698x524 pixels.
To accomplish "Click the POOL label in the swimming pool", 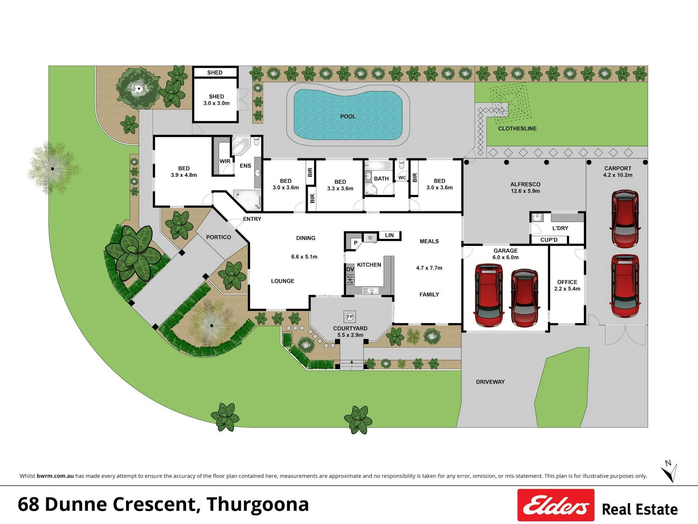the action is [x=348, y=116].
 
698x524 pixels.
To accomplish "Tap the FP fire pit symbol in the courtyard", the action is [x=350, y=316].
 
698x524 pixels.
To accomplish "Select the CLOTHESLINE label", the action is [x=517, y=128].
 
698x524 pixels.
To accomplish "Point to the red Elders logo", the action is [x=556, y=505].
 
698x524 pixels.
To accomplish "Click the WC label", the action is [x=402, y=178].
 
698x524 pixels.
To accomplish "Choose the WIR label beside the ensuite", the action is [x=225, y=161].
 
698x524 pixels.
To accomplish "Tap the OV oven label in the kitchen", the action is [x=350, y=269].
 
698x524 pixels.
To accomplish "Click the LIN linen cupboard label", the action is [x=389, y=235].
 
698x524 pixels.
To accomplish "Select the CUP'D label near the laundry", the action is [x=549, y=240].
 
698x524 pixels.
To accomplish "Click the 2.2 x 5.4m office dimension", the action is [x=567, y=289].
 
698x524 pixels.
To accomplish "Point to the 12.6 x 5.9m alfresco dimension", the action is [x=525, y=191].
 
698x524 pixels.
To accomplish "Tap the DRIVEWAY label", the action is [x=490, y=382].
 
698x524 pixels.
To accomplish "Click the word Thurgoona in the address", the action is [x=258, y=504].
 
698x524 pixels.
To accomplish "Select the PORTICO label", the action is [x=218, y=237].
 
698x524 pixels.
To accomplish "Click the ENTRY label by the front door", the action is [x=252, y=219].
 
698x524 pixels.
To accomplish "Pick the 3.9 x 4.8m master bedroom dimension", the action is [x=184, y=175].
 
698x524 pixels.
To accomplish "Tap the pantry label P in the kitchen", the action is [x=356, y=243].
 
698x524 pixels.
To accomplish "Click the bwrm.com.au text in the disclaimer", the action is [x=55, y=476].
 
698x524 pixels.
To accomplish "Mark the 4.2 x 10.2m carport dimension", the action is [x=618, y=175].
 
